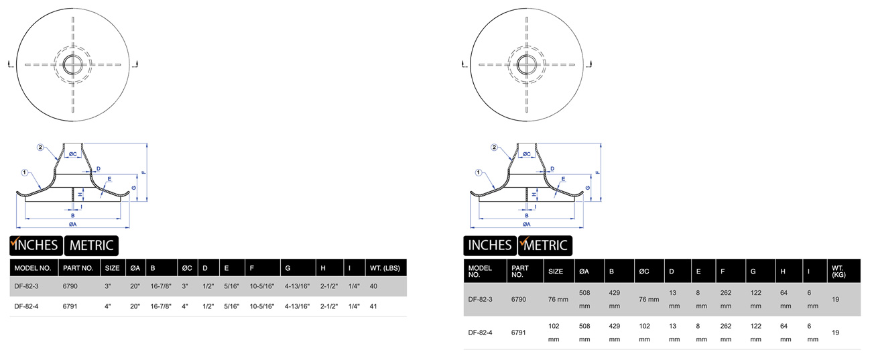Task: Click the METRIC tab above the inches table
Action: pos(91,245)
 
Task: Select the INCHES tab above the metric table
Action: pos(490,245)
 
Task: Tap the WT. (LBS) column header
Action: pos(385,268)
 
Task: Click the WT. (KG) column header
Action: pos(838,271)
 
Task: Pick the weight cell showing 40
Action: pos(373,286)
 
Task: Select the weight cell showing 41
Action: pos(373,306)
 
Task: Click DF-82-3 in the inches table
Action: pos(26,286)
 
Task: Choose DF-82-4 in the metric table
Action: pos(480,333)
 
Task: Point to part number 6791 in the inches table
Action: pos(70,306)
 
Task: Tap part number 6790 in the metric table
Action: pos(519,300)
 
